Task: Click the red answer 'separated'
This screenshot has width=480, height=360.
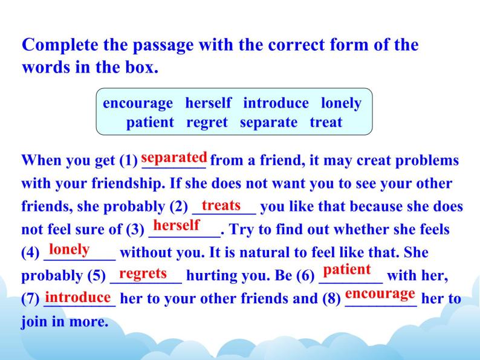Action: [174, 157]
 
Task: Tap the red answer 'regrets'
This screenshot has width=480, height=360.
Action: [143, 273]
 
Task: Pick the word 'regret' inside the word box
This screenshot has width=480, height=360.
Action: [207, 122]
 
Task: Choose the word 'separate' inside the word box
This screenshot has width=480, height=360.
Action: [268, 122]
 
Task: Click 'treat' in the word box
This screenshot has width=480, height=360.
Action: [326, 122]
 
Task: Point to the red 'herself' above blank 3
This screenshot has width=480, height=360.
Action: [177, 226]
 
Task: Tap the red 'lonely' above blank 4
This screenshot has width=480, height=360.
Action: [69, 249]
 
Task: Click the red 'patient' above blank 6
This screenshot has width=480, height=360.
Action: [347, 269]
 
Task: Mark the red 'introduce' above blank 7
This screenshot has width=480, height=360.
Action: [78, 297]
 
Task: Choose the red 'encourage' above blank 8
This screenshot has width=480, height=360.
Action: [380, 294]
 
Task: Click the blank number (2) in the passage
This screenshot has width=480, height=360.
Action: [178, 207]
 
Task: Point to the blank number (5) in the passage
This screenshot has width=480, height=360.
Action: [96, 276]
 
